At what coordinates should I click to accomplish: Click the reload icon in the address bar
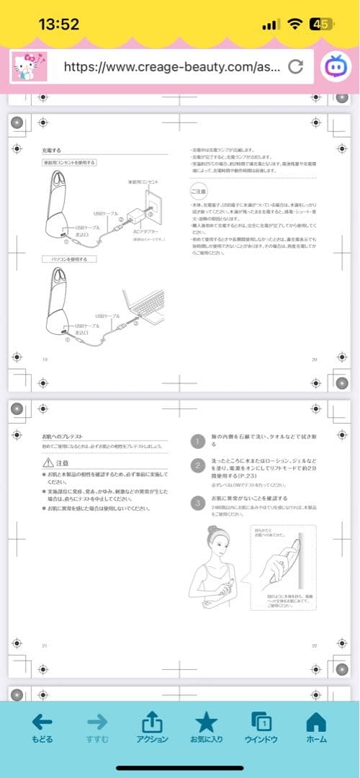pyautogui.click(x=295, y=67)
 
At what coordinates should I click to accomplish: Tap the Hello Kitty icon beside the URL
pyautogui.click(x=29, y=67)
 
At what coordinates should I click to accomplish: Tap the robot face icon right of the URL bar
pyautogui.click(x=336, y=66)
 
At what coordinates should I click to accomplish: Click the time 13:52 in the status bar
pyautogui.click(x=59, y=24)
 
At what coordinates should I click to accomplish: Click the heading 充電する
pyautogui.click(x=52, y=150)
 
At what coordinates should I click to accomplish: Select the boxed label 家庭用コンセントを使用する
pyautogui.click(x=69, y=164)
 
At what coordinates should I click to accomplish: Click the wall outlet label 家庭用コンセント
pyautogui.click(x=143, y=182)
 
